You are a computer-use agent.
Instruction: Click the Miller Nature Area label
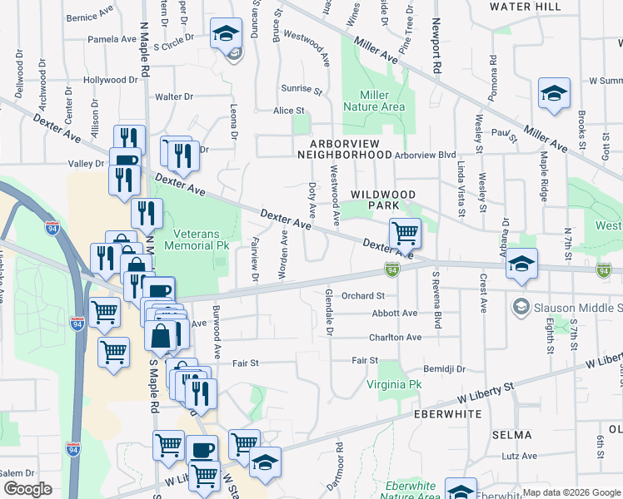click(x=382, y=101)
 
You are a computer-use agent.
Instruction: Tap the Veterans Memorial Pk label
click(x=201, y=240)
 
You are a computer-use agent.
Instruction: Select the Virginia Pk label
click(x=395, y=385)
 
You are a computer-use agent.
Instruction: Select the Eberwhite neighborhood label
click(x=450, y=413)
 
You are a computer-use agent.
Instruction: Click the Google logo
click(x=27, y=489)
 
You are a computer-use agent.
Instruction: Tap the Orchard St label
click(x=362, y=295)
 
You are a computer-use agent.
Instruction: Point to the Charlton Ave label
click(x=396, y=338)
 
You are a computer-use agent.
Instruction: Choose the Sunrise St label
click(x=302, y=89)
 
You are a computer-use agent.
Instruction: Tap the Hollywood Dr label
click(x=110, y=81)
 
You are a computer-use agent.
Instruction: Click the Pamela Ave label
click(x=112, y=39)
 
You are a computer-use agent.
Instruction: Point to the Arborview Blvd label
click(x=426, y=155)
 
